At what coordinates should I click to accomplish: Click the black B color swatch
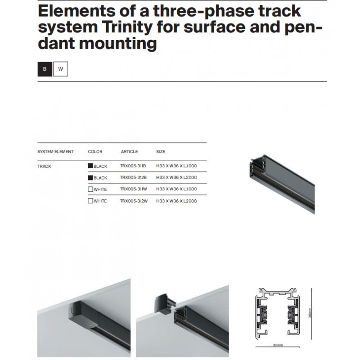click(x=45, y=69)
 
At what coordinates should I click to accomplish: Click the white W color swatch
click(x=61, y=69)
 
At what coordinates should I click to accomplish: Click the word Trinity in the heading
click(x=127, y=27)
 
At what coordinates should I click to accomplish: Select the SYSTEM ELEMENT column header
click(x=55, y=152)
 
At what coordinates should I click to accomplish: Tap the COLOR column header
click(x=95, y=152)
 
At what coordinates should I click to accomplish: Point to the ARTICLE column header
click(x=130, y=152)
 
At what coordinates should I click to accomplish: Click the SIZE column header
click(x=161, y=152)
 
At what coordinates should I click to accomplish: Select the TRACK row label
click(x=44, y=166)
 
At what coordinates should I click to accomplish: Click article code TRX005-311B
click(x=133, y=166)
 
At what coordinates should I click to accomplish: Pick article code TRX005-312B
click(x=133, y=177)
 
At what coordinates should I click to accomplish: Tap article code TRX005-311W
click(x=133, y=189)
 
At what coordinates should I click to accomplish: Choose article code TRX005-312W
click(x=134, y=201)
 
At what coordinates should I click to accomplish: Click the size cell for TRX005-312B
click(x=176, y=177)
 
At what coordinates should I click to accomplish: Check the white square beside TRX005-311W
click(x=90, y=189)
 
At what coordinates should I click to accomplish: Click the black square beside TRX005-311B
click(x=90, y=166)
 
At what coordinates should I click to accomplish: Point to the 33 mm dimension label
click(x=278, y=345)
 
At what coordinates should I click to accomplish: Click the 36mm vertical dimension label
click(x=310, y=313)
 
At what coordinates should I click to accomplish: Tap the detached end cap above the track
click(x=165, y=303)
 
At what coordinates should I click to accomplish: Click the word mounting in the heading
click(x=118, y=44)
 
